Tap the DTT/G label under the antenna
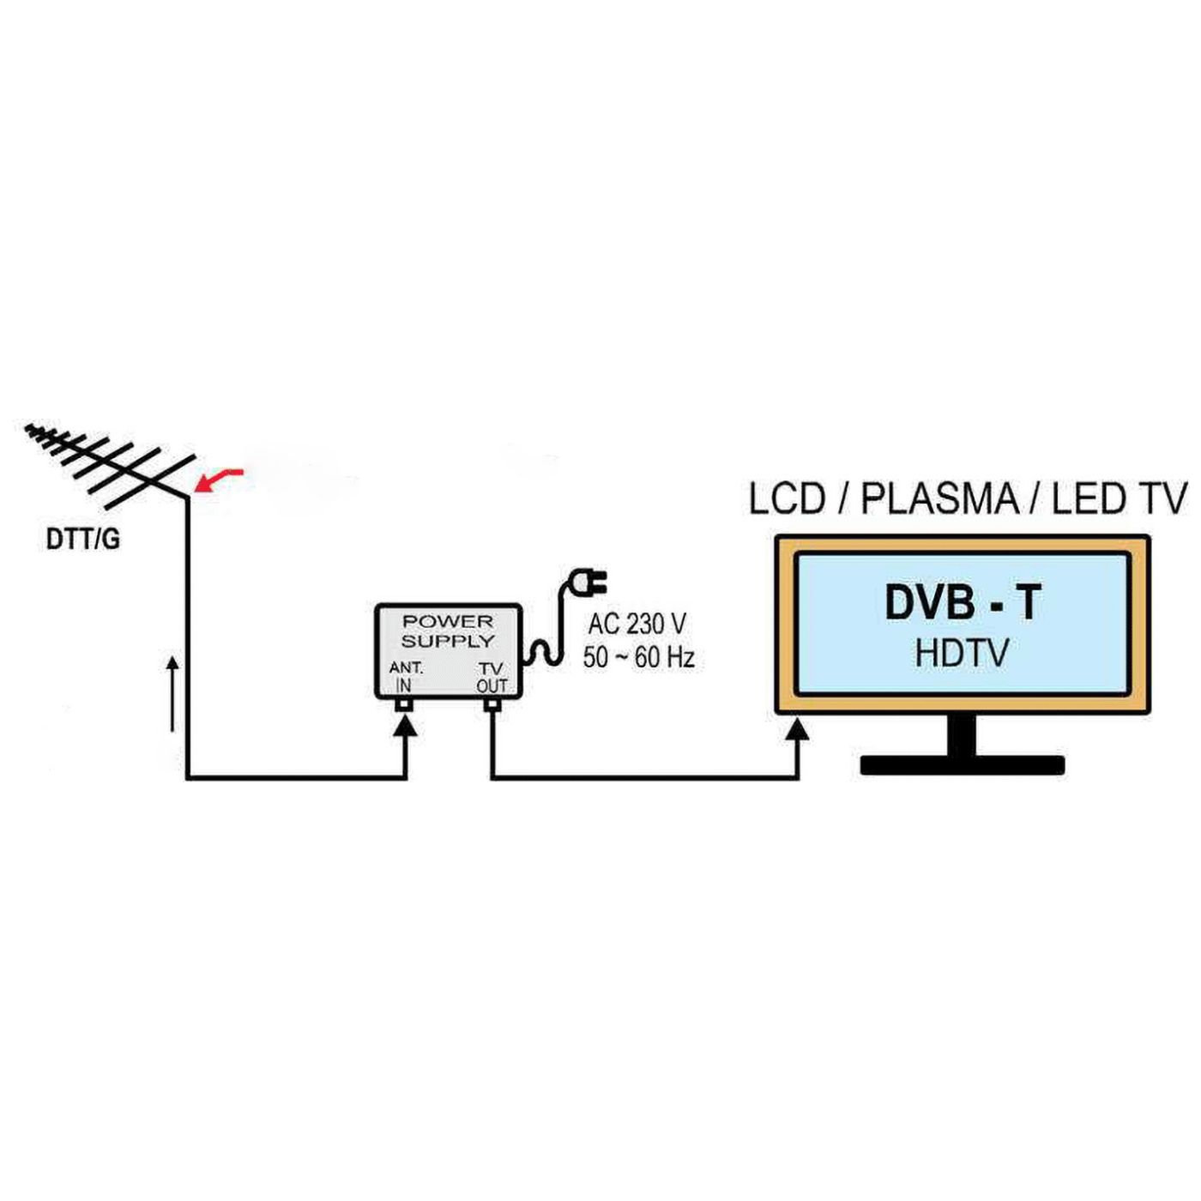coord(82,540)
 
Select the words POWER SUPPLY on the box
coord(448,631)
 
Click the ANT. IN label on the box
coord(405,676)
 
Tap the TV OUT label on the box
coord(492,677)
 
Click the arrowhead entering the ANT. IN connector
coord(405,726)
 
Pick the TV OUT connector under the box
coord(492,705)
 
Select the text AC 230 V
coord(637,624)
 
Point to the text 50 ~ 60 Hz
coord(638,658)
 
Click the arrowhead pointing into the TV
coord(799,730)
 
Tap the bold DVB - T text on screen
coord(963,602)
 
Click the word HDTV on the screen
coord(962,653)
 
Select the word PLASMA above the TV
coord(939,499)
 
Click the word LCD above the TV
coord(787,499)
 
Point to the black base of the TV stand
coord(962,764)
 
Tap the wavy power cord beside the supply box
coord(543,652)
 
